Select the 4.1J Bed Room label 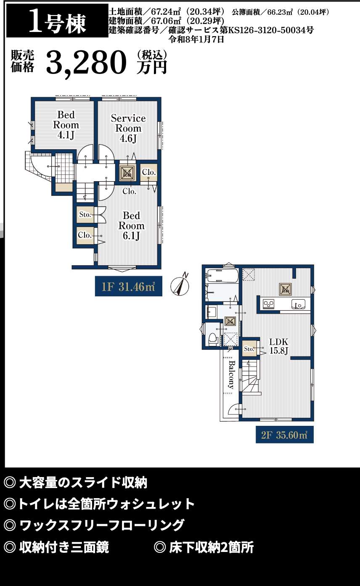click(x=66, y=125)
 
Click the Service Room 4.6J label click(x=128, y=128)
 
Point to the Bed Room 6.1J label click(x=131, y=225)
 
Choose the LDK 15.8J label click(x=279, y=346)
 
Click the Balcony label click(x=232, y=375)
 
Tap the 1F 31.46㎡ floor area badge click(x=129, y=286)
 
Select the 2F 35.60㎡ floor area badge click(x=285, y=435)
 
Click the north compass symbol click(x=180, y=285)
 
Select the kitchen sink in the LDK click(x=298, y=304)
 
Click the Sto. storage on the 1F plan click(x=85, y=215)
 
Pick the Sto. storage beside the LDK click(x=249, y=348)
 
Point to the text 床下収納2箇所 click(x=211, y=547)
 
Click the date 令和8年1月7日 click(x=196, y=40)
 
